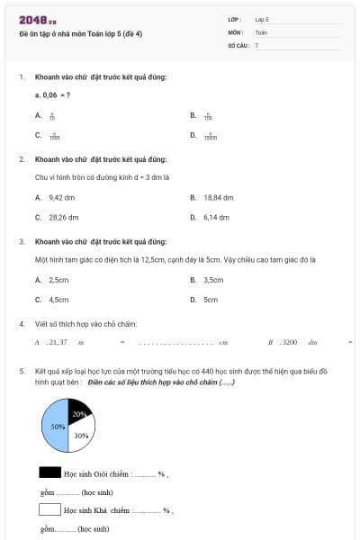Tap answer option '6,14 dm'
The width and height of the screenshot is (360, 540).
[x=218, y=217]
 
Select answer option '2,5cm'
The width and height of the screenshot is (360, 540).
[x=58, y=279]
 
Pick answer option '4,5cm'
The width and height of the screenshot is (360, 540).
[x=58, y=300]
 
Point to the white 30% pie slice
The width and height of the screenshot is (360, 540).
[x=81, y=436]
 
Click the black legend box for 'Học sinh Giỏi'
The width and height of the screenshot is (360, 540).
[x=49, y=471]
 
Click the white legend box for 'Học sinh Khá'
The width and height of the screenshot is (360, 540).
[x=49, y=509]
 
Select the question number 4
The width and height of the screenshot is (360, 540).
[x=21, y=323]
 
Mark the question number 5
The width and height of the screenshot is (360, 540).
[x=21, y=370]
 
